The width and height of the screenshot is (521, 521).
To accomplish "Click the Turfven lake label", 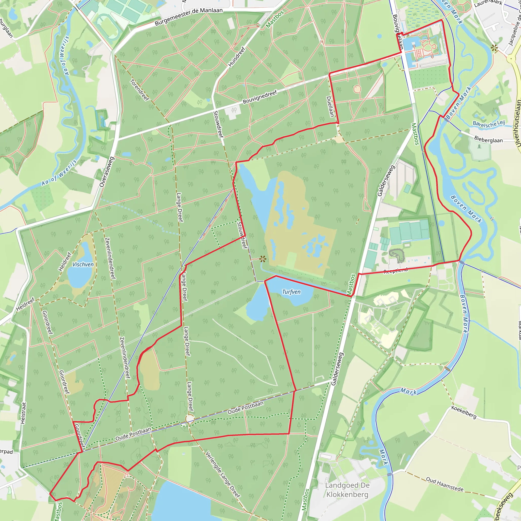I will point(291,292).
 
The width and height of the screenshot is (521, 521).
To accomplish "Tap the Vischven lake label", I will point(83,265).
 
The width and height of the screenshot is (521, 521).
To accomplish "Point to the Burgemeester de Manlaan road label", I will point(189,17).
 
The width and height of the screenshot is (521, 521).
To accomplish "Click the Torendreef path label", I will point(140,90).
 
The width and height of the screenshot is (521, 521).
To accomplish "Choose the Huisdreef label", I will point(237,57).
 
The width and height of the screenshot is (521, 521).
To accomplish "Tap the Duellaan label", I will point(330,107).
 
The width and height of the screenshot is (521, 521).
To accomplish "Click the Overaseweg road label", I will point(107,172).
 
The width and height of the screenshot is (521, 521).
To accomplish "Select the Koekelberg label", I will point(464,412).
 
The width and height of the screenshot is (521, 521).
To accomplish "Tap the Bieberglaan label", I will point(488,139).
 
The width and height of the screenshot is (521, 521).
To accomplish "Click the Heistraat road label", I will point(23,413).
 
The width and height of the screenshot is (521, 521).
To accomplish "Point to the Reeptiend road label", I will point(396,271).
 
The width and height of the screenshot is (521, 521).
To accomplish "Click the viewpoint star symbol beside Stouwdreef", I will point(263,259).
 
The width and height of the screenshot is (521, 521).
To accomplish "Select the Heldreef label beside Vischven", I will point(65,261).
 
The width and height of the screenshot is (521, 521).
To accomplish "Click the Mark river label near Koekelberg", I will point(408,391).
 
